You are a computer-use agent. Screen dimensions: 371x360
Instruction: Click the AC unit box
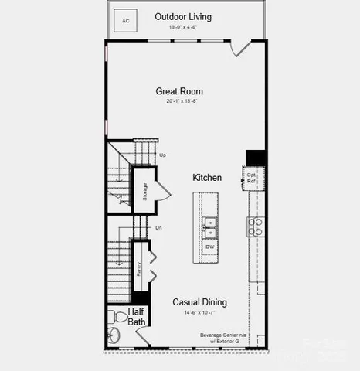tap(126, 19)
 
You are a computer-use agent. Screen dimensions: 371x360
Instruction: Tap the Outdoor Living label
tap(183, 16)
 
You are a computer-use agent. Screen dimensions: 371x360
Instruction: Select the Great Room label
tap(179, 91)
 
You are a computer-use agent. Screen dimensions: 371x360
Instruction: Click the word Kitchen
tap(207, 178)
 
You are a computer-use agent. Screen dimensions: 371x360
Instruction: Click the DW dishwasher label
tap(210, 247)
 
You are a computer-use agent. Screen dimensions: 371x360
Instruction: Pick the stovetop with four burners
tap(255, 226)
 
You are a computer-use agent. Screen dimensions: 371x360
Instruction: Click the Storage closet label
tap(144, 192)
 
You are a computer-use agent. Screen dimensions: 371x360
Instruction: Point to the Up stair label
tap(162, 155)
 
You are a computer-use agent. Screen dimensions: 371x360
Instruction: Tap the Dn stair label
tap(158, 227)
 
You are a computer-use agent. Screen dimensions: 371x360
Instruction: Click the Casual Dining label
tap(199, 302)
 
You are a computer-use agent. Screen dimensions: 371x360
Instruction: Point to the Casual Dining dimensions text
tap(199, 313)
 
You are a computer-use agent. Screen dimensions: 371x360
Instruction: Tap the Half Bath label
tap(137, 317)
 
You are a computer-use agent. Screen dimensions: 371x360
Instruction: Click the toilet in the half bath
tap(117, 316)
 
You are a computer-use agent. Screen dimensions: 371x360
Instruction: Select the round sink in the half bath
tap(114, 336)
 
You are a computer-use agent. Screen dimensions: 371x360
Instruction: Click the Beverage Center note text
tap(220, 338)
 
